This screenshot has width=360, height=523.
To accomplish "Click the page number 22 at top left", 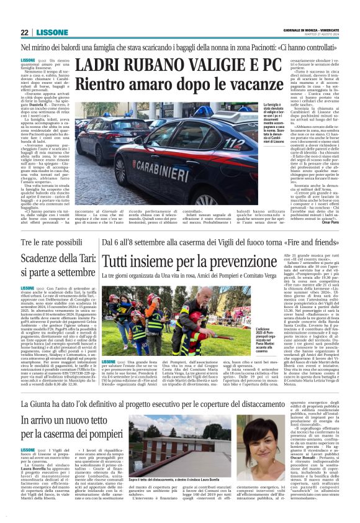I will tap(24, 32).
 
